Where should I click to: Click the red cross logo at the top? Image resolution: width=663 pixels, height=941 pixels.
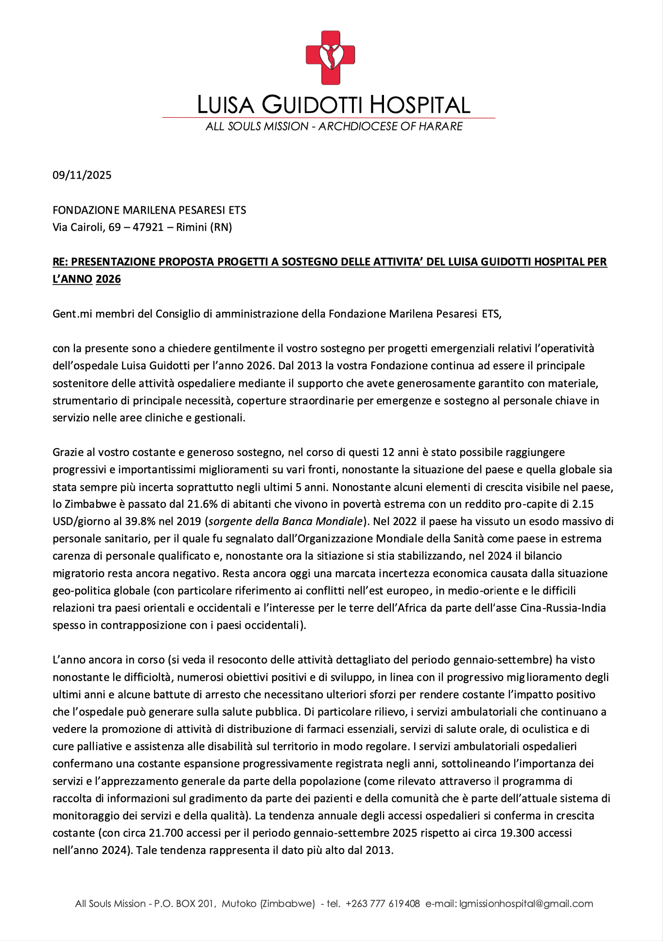[x=330, y=57]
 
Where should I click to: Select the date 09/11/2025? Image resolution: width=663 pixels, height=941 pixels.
[x=82, y=175]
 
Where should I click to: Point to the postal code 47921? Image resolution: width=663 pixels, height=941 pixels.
[x=148, y=227]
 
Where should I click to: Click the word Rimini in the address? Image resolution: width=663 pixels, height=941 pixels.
[x=192, y=227]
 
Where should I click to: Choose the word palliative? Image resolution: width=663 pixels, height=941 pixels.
[x=100, y=746]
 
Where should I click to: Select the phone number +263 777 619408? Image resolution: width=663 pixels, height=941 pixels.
[x=383, y=904]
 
